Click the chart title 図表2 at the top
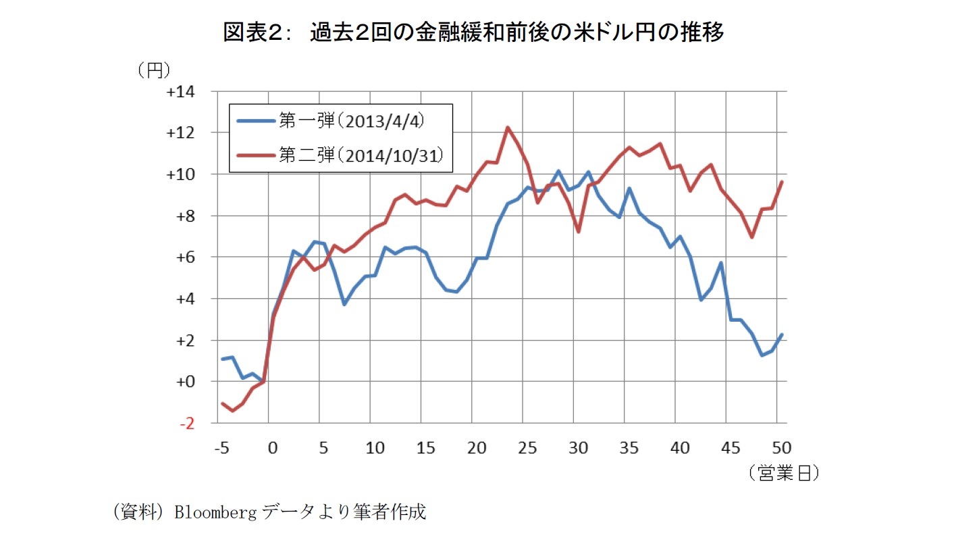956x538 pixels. tap(473, 32)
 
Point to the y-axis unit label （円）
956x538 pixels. tap(153, 70)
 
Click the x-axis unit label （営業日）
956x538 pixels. tap(783, 474)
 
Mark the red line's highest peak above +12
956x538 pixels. tap(508, 127)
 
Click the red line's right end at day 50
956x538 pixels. tap(782, 181)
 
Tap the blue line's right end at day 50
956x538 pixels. tap(782, 334)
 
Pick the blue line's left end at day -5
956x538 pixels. tap(222, 359)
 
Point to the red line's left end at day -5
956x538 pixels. tap(222, 403)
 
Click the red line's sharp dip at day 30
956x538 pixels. tap(579, 231)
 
